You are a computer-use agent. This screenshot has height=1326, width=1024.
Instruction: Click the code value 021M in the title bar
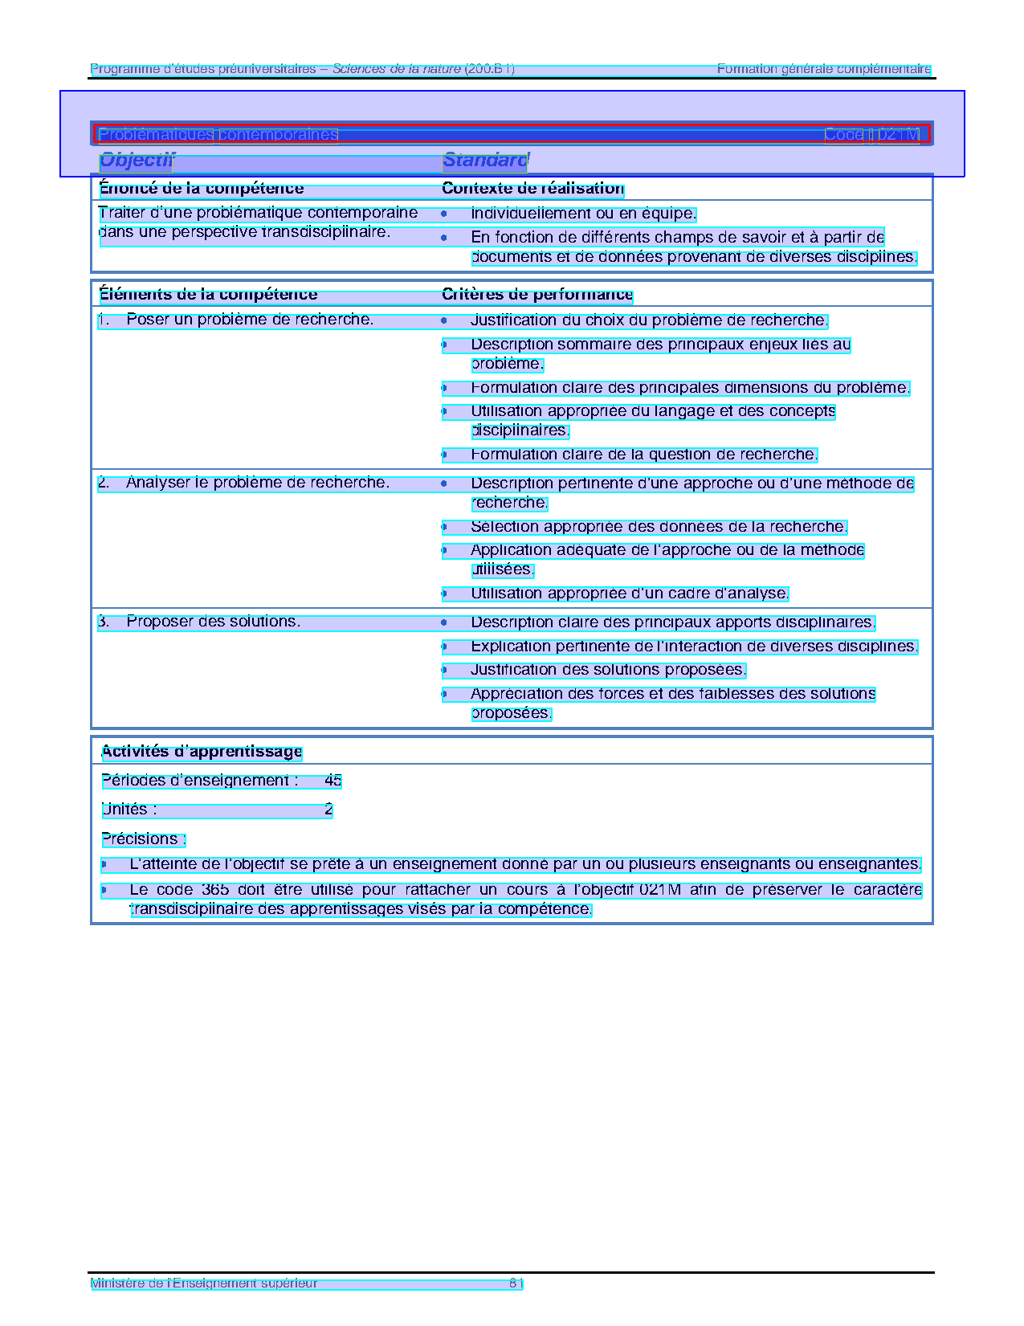tap(898, 135)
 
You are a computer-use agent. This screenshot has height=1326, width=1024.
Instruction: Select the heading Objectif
tap(137, 161)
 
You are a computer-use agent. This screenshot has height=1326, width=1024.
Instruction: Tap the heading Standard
tap(484, 161)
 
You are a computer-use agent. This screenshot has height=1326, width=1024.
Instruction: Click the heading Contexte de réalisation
tap(532, 189)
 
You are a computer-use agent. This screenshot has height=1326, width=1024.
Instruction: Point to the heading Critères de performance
tap(537, 295)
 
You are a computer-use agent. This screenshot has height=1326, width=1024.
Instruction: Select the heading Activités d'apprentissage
tap(202, 752)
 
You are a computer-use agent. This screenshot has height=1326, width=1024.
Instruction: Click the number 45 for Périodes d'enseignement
tap(333, 781)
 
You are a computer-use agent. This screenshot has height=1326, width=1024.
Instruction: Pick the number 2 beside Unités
tap(328, 810)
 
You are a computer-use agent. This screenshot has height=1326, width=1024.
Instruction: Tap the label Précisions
tap(143, 839)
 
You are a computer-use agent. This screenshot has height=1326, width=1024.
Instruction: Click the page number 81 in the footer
tap(516, 1283)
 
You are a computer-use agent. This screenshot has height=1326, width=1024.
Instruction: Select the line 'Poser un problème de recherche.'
tap(250, 320)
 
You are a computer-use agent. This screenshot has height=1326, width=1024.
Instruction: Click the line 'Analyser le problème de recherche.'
tap(257, 483)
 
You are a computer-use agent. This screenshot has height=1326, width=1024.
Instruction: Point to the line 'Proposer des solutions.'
tap(213, 622)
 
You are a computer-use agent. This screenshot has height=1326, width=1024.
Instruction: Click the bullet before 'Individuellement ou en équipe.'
tap(443, 214)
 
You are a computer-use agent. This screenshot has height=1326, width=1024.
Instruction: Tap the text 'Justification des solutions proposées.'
tap(608, 670)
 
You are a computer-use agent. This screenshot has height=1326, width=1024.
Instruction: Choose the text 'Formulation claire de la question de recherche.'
tap(644, 455)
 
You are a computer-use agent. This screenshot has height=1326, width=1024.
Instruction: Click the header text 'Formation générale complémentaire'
tap(823, 69)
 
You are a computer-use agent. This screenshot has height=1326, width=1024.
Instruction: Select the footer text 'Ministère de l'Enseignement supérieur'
tap(204, 1283)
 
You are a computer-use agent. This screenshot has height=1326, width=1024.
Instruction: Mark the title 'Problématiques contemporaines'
tap(218, 135)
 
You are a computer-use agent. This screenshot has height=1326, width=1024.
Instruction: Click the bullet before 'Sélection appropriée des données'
tap(443, 528)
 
